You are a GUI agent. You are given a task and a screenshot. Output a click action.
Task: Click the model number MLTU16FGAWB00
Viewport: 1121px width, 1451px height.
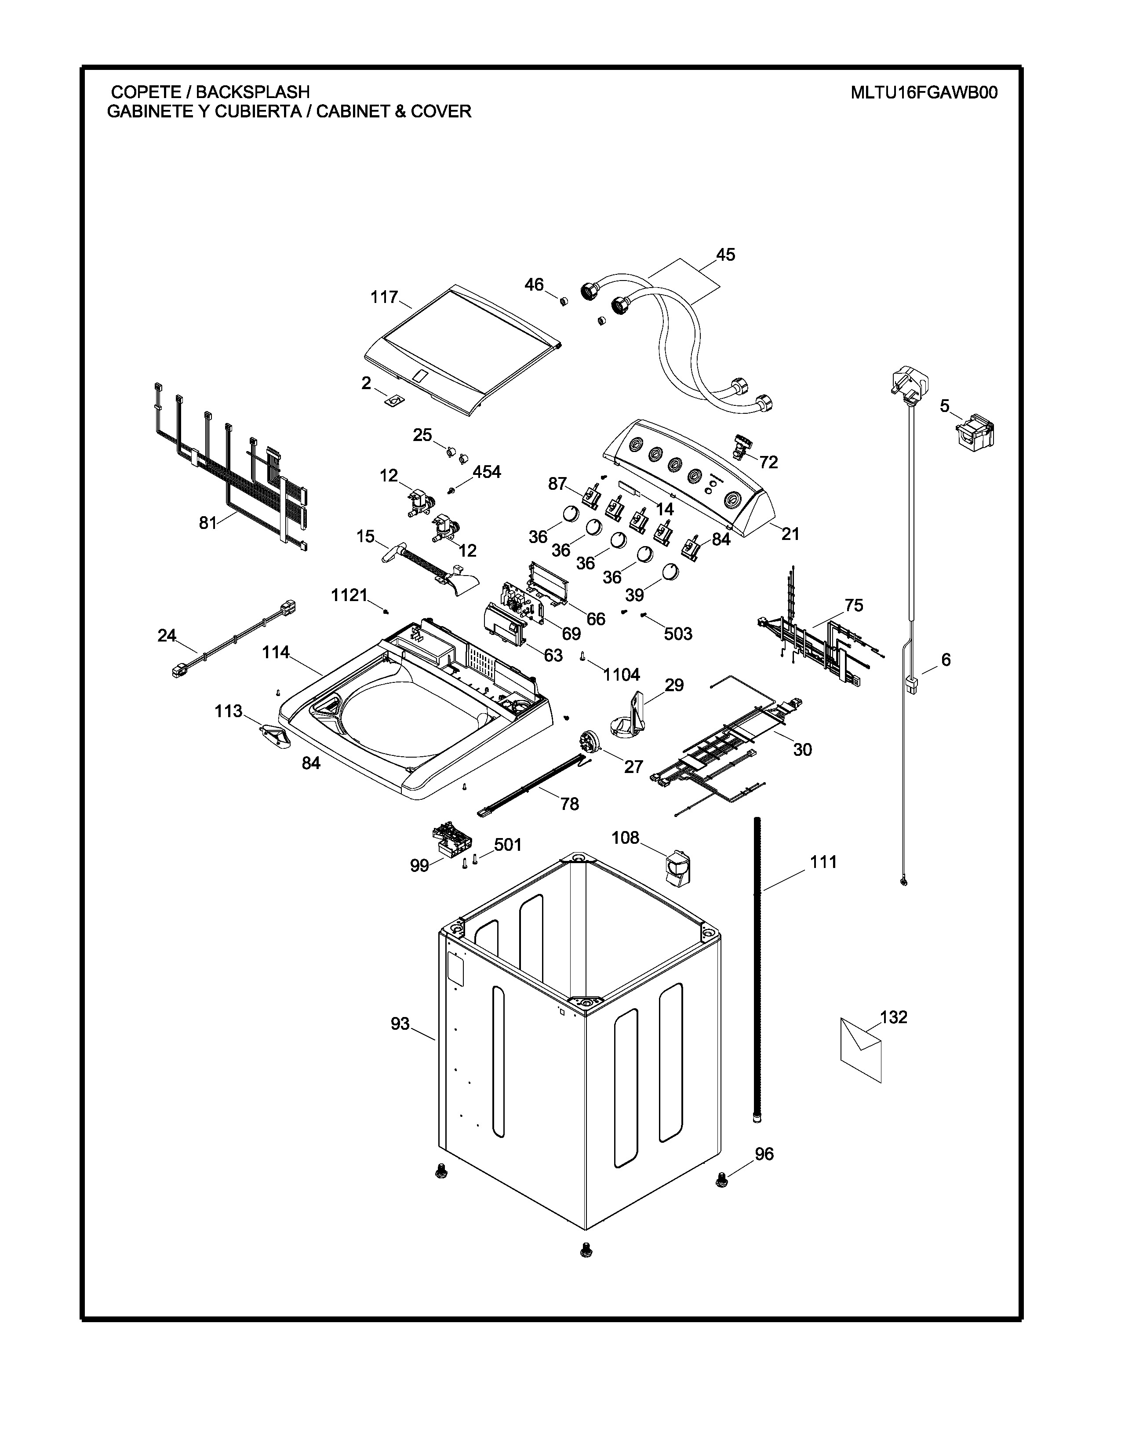point(924,92)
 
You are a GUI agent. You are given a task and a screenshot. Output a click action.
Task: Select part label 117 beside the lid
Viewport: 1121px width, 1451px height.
point(384,297)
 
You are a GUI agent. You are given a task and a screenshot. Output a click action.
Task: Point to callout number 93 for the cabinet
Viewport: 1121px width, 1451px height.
point(400,1024)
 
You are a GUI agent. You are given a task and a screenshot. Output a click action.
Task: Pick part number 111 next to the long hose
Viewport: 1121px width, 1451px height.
point(823,862)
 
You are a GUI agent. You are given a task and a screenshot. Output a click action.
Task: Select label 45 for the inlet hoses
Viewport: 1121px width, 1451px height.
point(725,255)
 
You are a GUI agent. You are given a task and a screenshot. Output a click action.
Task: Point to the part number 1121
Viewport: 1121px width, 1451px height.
point(349,595)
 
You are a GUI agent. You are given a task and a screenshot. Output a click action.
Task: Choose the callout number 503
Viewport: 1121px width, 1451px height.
point(678,634)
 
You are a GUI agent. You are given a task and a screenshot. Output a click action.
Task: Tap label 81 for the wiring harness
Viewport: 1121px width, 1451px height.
point(208,523)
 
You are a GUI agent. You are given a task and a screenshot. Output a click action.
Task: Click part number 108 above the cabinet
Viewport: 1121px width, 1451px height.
point(625,838)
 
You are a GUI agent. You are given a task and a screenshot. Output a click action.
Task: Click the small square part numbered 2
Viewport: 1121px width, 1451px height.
point(394,401)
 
